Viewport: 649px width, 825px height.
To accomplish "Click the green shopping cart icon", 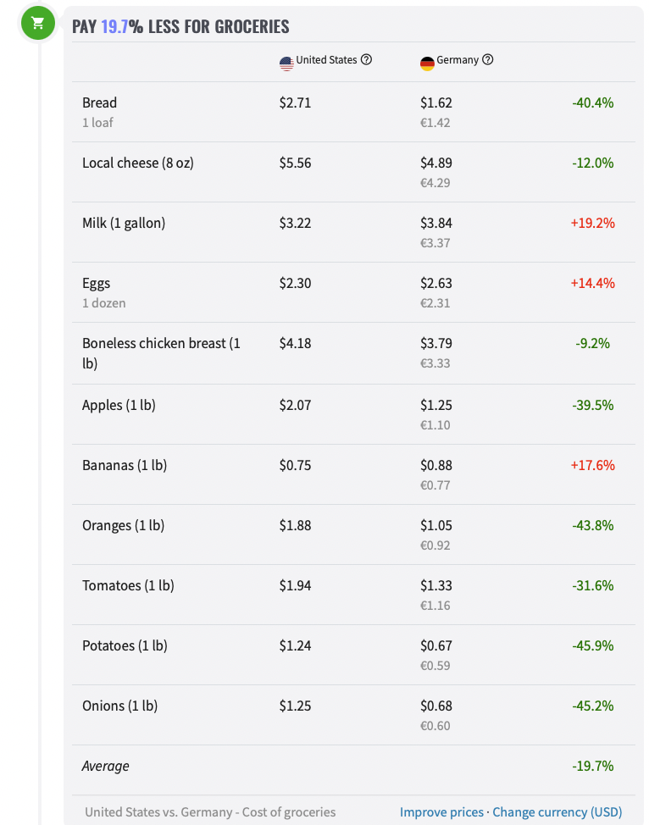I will [x=37, y=23].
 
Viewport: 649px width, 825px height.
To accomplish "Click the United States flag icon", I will [x=286, y=63].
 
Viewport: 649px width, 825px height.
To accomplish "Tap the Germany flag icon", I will [x=427, y=63].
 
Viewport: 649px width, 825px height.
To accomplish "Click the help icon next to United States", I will [x=366, y=60].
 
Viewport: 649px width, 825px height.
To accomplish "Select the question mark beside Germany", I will [x=487, y=60].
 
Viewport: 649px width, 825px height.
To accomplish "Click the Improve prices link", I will [x=441, y=811].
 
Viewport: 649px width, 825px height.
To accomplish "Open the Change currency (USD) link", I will [x=557, y=811].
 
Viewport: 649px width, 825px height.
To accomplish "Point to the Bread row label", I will [x=99, y=102].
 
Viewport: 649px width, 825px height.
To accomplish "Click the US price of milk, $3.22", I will [x=295, y=223].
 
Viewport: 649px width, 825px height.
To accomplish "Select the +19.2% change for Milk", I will [x=592, y=223].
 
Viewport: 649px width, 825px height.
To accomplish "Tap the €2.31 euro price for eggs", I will [x=435, y=303].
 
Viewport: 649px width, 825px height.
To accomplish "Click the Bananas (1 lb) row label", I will [x=124, y=465].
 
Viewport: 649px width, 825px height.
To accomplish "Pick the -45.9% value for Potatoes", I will [x=592, y=645].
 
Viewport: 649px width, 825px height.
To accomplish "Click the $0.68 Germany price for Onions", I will [x=435, y=706].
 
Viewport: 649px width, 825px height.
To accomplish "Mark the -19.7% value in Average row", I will [x=592, y=766].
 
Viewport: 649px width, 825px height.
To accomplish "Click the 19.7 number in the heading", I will [x=114, y=26].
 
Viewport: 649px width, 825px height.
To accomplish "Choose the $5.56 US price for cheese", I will [x=295, y=163].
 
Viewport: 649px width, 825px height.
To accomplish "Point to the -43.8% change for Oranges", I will [x=592, y=525].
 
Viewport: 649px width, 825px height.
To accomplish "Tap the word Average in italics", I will [x=106, y=766].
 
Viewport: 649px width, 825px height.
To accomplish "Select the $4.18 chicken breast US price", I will [x=295, y=343].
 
